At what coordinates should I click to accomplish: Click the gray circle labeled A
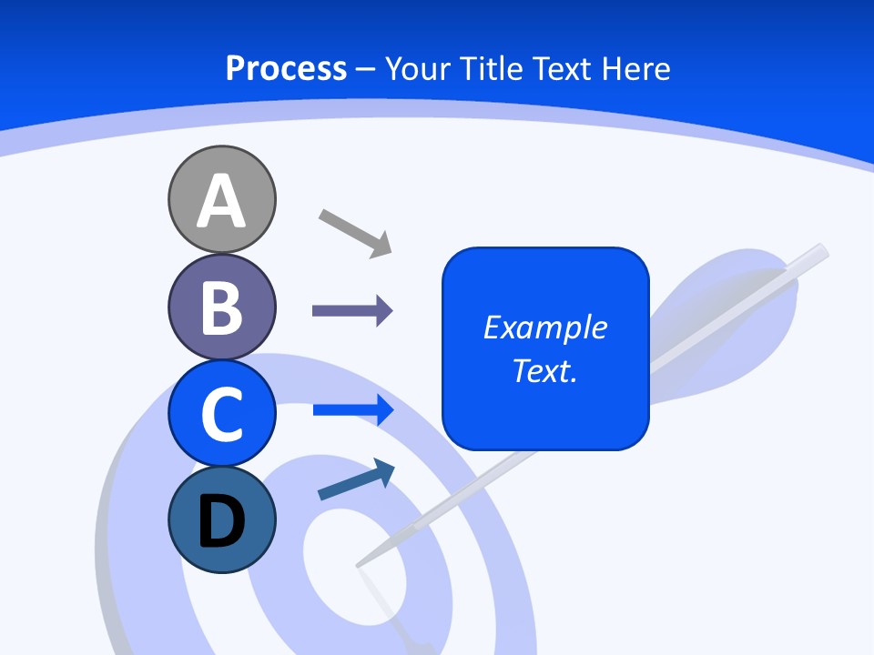tap(221, 199)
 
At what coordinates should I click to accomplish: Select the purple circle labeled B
tap(221, 307)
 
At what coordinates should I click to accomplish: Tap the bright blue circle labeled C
tap(221, 413)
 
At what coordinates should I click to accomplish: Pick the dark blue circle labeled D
tap(221, 519)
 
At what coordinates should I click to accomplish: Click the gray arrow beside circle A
tap(356, 233)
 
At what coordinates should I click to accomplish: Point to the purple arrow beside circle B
tap(352, 311)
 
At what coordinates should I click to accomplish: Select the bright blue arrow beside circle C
tap(353, 409)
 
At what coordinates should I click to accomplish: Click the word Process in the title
tap(286, 69)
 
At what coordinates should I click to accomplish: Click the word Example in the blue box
tap(544, 327)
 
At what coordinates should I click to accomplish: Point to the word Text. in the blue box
tap(544, 370)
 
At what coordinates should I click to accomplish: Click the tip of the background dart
tap(359, 564)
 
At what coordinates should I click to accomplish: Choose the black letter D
tap(221, 521)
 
